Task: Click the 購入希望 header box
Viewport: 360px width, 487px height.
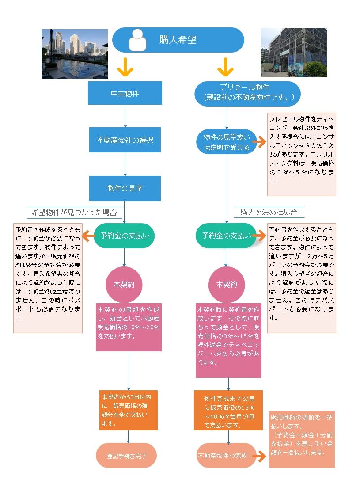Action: pos(178,40)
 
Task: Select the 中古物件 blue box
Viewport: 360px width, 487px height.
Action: pos(125,94)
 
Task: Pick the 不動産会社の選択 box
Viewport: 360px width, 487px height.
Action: pos(125,141)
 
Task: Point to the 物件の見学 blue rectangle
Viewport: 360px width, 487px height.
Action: pos(125,188)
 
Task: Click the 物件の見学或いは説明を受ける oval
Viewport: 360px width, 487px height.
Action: pos(227,141)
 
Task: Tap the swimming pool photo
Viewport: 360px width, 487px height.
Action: pos(75,54)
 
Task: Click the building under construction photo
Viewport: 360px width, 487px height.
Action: pos(293,52)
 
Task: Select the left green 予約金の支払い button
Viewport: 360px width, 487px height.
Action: pos(125,236)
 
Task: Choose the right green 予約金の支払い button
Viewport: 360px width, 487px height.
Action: pos(227,236)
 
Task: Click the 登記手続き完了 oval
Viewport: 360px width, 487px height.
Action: pos(126,455)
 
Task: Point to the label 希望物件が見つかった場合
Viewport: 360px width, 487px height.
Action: pos(74,213)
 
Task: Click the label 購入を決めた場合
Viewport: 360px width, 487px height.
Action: pos(269,212)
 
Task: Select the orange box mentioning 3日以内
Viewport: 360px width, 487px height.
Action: pos(128,410)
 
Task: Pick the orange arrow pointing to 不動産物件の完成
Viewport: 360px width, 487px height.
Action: pos(261,456)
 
